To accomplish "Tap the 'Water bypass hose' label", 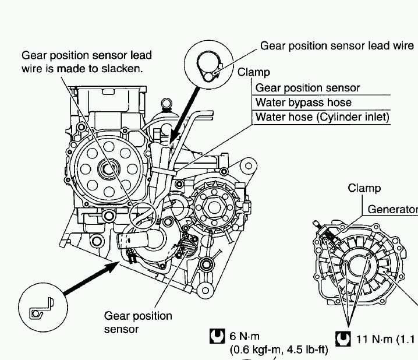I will pos(303,103).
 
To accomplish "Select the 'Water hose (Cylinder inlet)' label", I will pos(322,118).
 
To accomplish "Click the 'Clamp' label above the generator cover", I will pos(364,188).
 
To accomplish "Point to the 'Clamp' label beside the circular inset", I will pos(254,73).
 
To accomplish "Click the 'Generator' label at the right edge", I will pos(392,210).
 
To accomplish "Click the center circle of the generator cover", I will pos(356,264).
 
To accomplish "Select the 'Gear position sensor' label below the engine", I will pos(138,323).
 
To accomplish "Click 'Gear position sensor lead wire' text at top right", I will pos(337,45).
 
